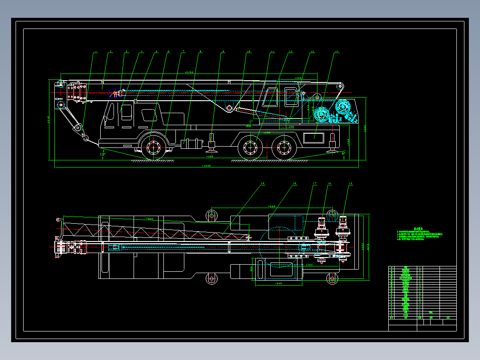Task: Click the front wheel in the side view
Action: coord(153,147)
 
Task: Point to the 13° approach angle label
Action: coord(103,154)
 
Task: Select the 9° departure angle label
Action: coord(343,153)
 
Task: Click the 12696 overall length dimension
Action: coord(207,166)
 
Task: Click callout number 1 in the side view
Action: coord(95,53)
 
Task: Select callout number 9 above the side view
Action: coord(223,52)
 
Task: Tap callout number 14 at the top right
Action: coord(337,52)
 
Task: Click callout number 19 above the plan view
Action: coord(262,184)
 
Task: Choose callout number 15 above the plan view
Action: coord(350,184)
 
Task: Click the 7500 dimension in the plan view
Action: coord(150,219)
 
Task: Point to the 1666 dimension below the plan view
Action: coord(279,283)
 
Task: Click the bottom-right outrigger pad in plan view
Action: coord(332,279)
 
